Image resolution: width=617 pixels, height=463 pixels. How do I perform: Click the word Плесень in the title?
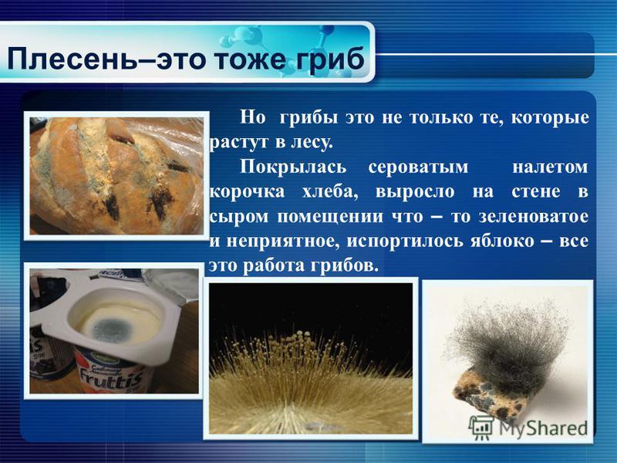click(x=68, y=59)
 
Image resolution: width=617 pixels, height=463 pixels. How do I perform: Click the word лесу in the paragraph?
click(x=312, y=143)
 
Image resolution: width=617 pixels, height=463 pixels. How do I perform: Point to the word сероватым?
click(x=418, y=167)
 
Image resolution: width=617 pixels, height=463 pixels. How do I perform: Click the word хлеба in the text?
click(x=330, y=192)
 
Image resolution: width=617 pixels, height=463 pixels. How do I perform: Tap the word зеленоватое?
click(x=534, y=217)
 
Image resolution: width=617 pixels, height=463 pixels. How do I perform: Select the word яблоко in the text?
click(x=503, y=241)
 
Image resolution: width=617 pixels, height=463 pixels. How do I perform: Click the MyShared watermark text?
click(x=543, y=428)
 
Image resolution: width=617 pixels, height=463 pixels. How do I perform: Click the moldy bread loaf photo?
click(x=116, y=176)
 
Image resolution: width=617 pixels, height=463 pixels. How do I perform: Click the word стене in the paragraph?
click(x=536, y=192)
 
